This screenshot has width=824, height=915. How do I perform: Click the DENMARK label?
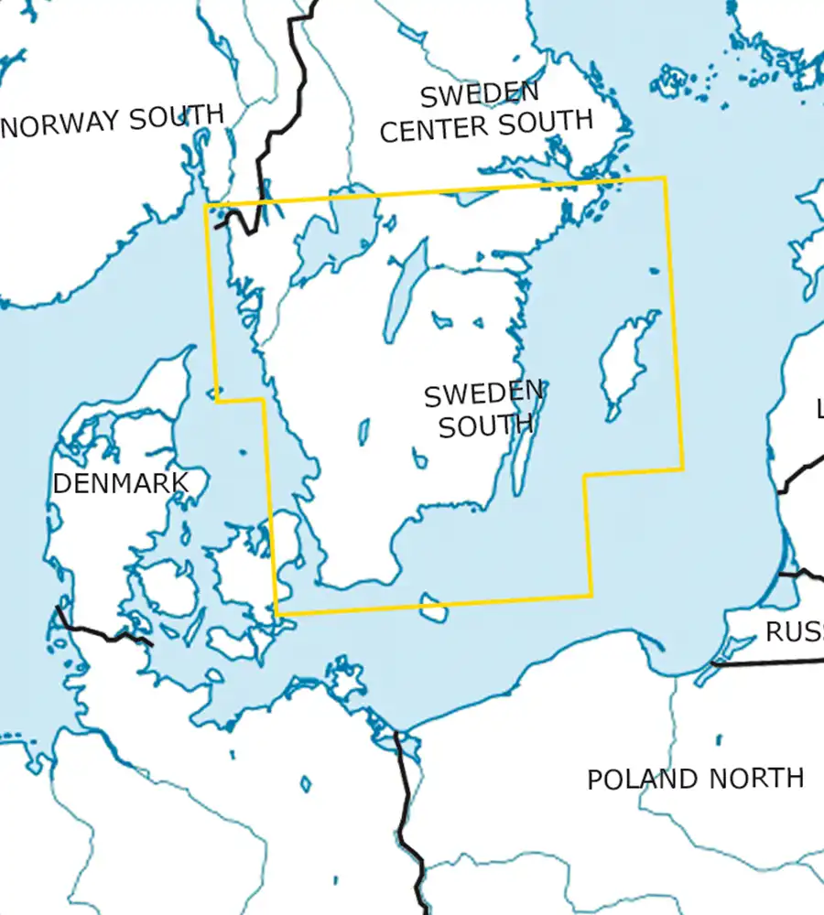[120, 482]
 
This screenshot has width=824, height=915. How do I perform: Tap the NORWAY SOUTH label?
[114, 120]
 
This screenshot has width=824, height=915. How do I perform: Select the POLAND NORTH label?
[695, 779]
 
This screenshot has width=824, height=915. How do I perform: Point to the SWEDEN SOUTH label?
[483, 409]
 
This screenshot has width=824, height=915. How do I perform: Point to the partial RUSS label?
[793, 631]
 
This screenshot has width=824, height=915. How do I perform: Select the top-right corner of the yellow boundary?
[665, 178]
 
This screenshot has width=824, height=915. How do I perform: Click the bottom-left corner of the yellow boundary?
[276, 614]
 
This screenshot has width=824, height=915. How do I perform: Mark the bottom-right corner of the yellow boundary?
[591, 596]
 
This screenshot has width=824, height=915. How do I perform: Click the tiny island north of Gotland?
[653, 270]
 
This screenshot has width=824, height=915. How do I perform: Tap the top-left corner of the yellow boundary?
[205, 205]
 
